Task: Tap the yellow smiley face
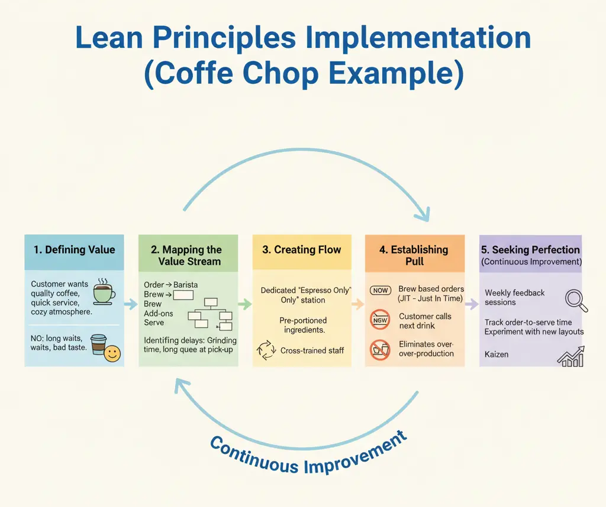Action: [112, 353]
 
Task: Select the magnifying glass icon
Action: [576, 301]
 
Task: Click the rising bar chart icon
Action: [570, 356]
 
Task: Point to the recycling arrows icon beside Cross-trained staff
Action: [266, 350]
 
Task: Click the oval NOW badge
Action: [381, 291]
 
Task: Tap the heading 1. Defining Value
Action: [74, 249]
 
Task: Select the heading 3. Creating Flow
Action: [301, 249]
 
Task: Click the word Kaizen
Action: [497, 354]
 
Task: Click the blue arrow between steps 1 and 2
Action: [131, 304]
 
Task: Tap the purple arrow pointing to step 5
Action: [472, 304]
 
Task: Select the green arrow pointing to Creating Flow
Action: [245, 304]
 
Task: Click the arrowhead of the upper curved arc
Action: [424, 214]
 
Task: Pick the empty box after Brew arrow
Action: [183, 295]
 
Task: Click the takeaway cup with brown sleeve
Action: [98, 344]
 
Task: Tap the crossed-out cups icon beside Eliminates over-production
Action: [380, 350]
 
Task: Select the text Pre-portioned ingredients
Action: [304, 325]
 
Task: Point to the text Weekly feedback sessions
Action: [514, 297]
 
